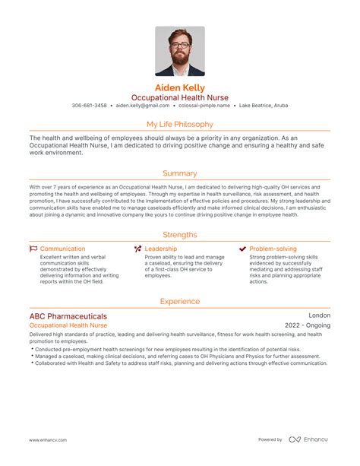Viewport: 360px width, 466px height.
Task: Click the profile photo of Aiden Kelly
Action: (180, 51)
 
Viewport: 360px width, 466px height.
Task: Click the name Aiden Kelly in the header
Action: (180, 87)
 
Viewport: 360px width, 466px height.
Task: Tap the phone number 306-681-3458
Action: (90, 106)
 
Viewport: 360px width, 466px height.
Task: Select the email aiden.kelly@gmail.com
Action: (144, 106)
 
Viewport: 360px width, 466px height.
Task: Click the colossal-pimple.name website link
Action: (205, 106)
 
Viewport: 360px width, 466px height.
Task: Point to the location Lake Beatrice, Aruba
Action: (263, 106)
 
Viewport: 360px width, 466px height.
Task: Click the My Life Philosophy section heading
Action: (180, 124)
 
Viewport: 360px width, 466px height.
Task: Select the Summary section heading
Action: (180, 173)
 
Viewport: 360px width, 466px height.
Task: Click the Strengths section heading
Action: (180, 235)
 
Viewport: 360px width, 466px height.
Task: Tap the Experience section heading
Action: (180, 302)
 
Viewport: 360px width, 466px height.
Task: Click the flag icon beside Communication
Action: (33, 249)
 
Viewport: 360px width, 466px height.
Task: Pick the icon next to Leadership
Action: (137, 249)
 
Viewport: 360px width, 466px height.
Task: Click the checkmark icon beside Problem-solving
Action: (242, 249)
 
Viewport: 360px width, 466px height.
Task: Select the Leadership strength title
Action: (161, 249)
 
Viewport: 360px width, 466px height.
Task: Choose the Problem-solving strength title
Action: (273, 249)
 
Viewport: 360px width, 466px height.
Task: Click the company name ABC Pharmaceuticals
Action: (68, 315)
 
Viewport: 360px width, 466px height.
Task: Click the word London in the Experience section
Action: (319, 315)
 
